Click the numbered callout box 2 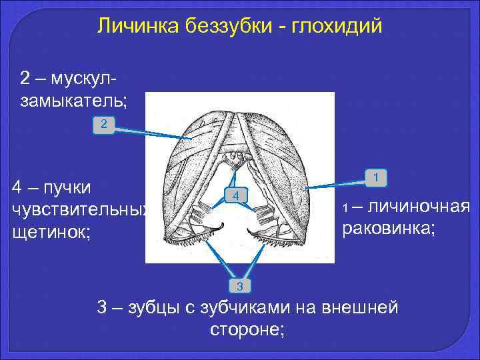click(x=103, y=124)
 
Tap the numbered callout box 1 click(x=377, y=178)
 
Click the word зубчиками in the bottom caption click(x=256, y=308)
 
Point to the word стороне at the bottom click(x=247, y=329)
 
